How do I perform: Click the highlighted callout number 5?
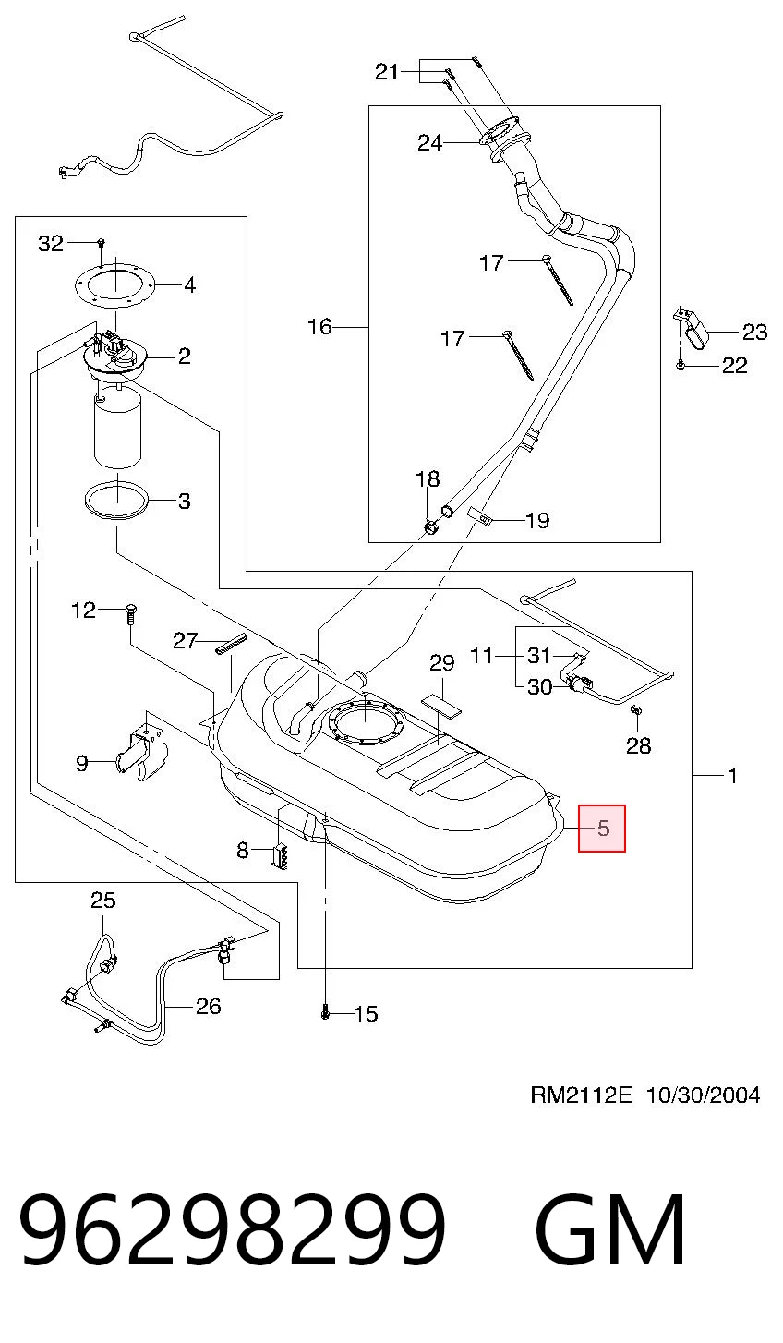[603, 829]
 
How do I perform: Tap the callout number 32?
[51, 244]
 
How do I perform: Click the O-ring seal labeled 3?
[116, 500]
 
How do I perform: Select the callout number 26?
[209, 1006]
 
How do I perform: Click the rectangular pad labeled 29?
[441, 705]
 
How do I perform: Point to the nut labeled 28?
[636, 711]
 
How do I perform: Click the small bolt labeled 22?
[681, 365]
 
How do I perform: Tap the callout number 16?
[319, 327]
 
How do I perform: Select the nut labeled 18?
[430, 527]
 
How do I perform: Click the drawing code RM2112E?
[582, 1095]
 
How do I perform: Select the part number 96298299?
[233, 1229]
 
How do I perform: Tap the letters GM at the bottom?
[609, 1229]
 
